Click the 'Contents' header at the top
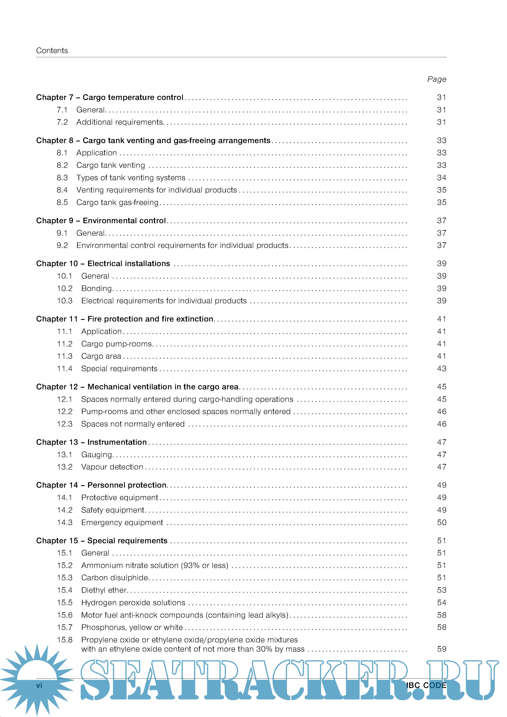coord(52,51)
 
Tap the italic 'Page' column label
coord(436,79)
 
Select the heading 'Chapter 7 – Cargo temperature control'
coord(110,97)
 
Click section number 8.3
coord(62,178)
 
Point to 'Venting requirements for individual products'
coord(156,190)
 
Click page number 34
coord(441,178)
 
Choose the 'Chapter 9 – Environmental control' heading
coord(101,221)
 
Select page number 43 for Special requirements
coord(441,369)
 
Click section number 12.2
coord(65,412)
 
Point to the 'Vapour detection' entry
coord(112,467)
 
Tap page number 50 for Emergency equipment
coord(441,522)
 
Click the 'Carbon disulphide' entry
coord(115,578)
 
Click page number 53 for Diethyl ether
coord(441,590)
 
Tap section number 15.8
coord(65,640)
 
